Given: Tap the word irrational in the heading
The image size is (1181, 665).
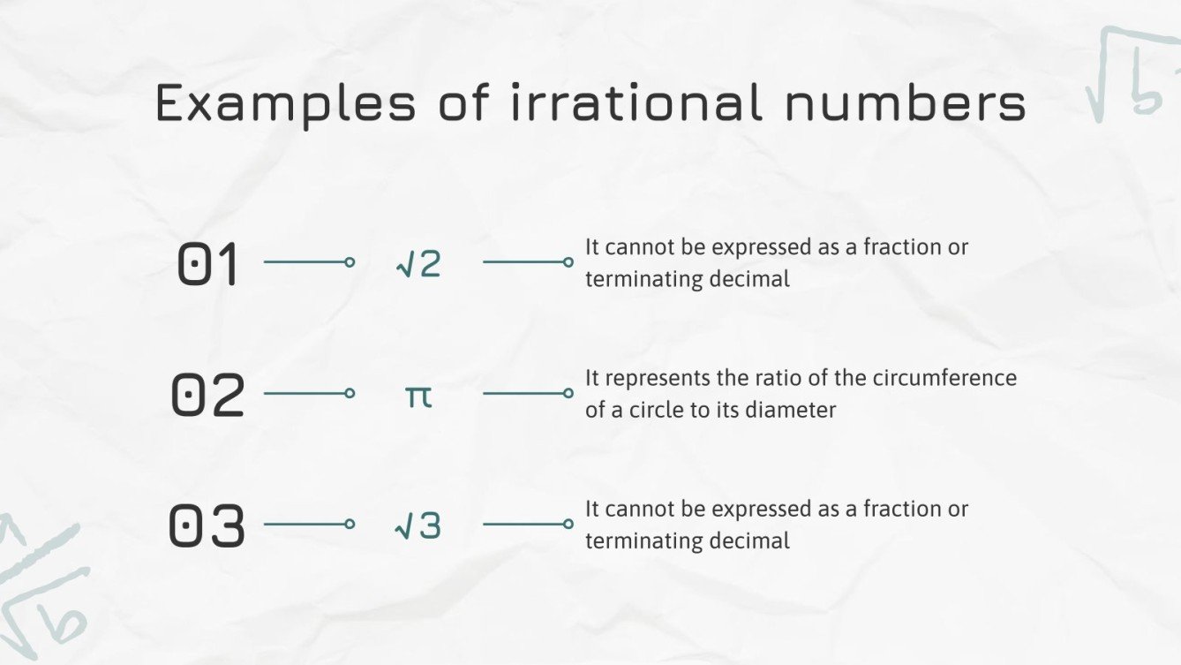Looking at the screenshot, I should point(636,102).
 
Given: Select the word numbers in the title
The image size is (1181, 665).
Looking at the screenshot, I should point(905,103).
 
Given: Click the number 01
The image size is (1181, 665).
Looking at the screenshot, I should point(208,265).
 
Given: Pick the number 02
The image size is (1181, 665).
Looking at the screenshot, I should point(207,396).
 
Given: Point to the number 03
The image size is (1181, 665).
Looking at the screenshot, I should point(207,526).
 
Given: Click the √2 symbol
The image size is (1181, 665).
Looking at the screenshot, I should point(418,264).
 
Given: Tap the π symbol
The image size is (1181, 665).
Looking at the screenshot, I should point(418,397).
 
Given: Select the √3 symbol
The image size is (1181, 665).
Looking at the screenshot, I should point(418,526).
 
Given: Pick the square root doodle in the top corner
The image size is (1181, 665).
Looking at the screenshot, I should point(1130,75).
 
